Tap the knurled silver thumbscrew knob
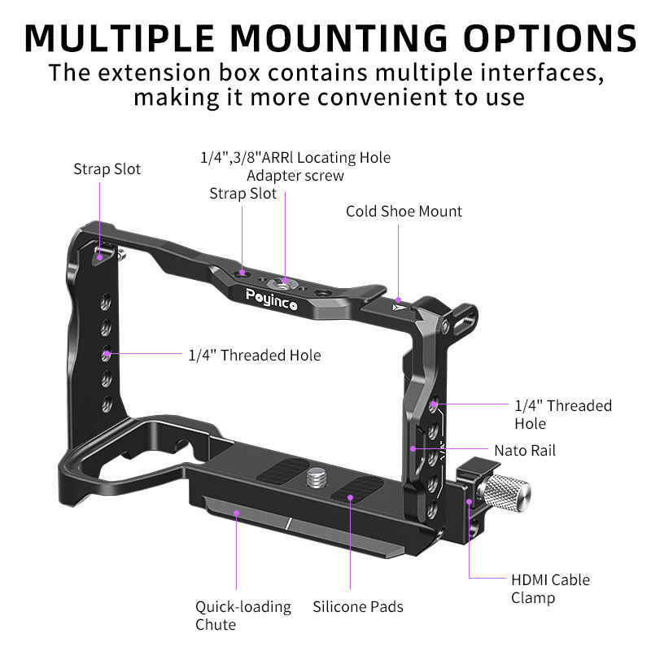(x=505, y=492)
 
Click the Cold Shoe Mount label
(x=404, y=212)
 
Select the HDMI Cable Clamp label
(x=550, y=589)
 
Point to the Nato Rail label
(x=525, y=450)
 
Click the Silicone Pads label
(x=358, y=606)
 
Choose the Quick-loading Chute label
(x=242, y=615)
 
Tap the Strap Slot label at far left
(x=107, y=169)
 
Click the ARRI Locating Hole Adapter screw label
(x=295, y=166)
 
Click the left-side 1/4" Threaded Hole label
(x=254, y=356)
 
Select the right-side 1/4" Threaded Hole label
(x=562, y=414)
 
